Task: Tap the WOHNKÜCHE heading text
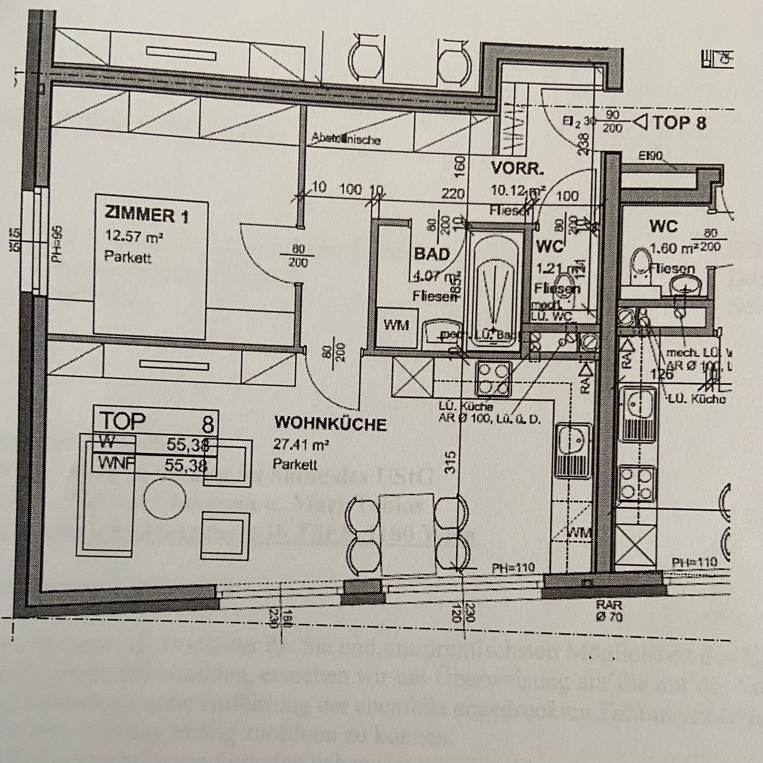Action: coord(330,424)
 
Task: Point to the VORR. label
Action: coord(517,169)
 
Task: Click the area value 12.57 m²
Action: coord(134,237)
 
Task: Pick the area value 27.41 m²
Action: coord(301,445)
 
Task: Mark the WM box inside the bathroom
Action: coord(396,325)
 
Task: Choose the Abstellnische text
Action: coord(346,139)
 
